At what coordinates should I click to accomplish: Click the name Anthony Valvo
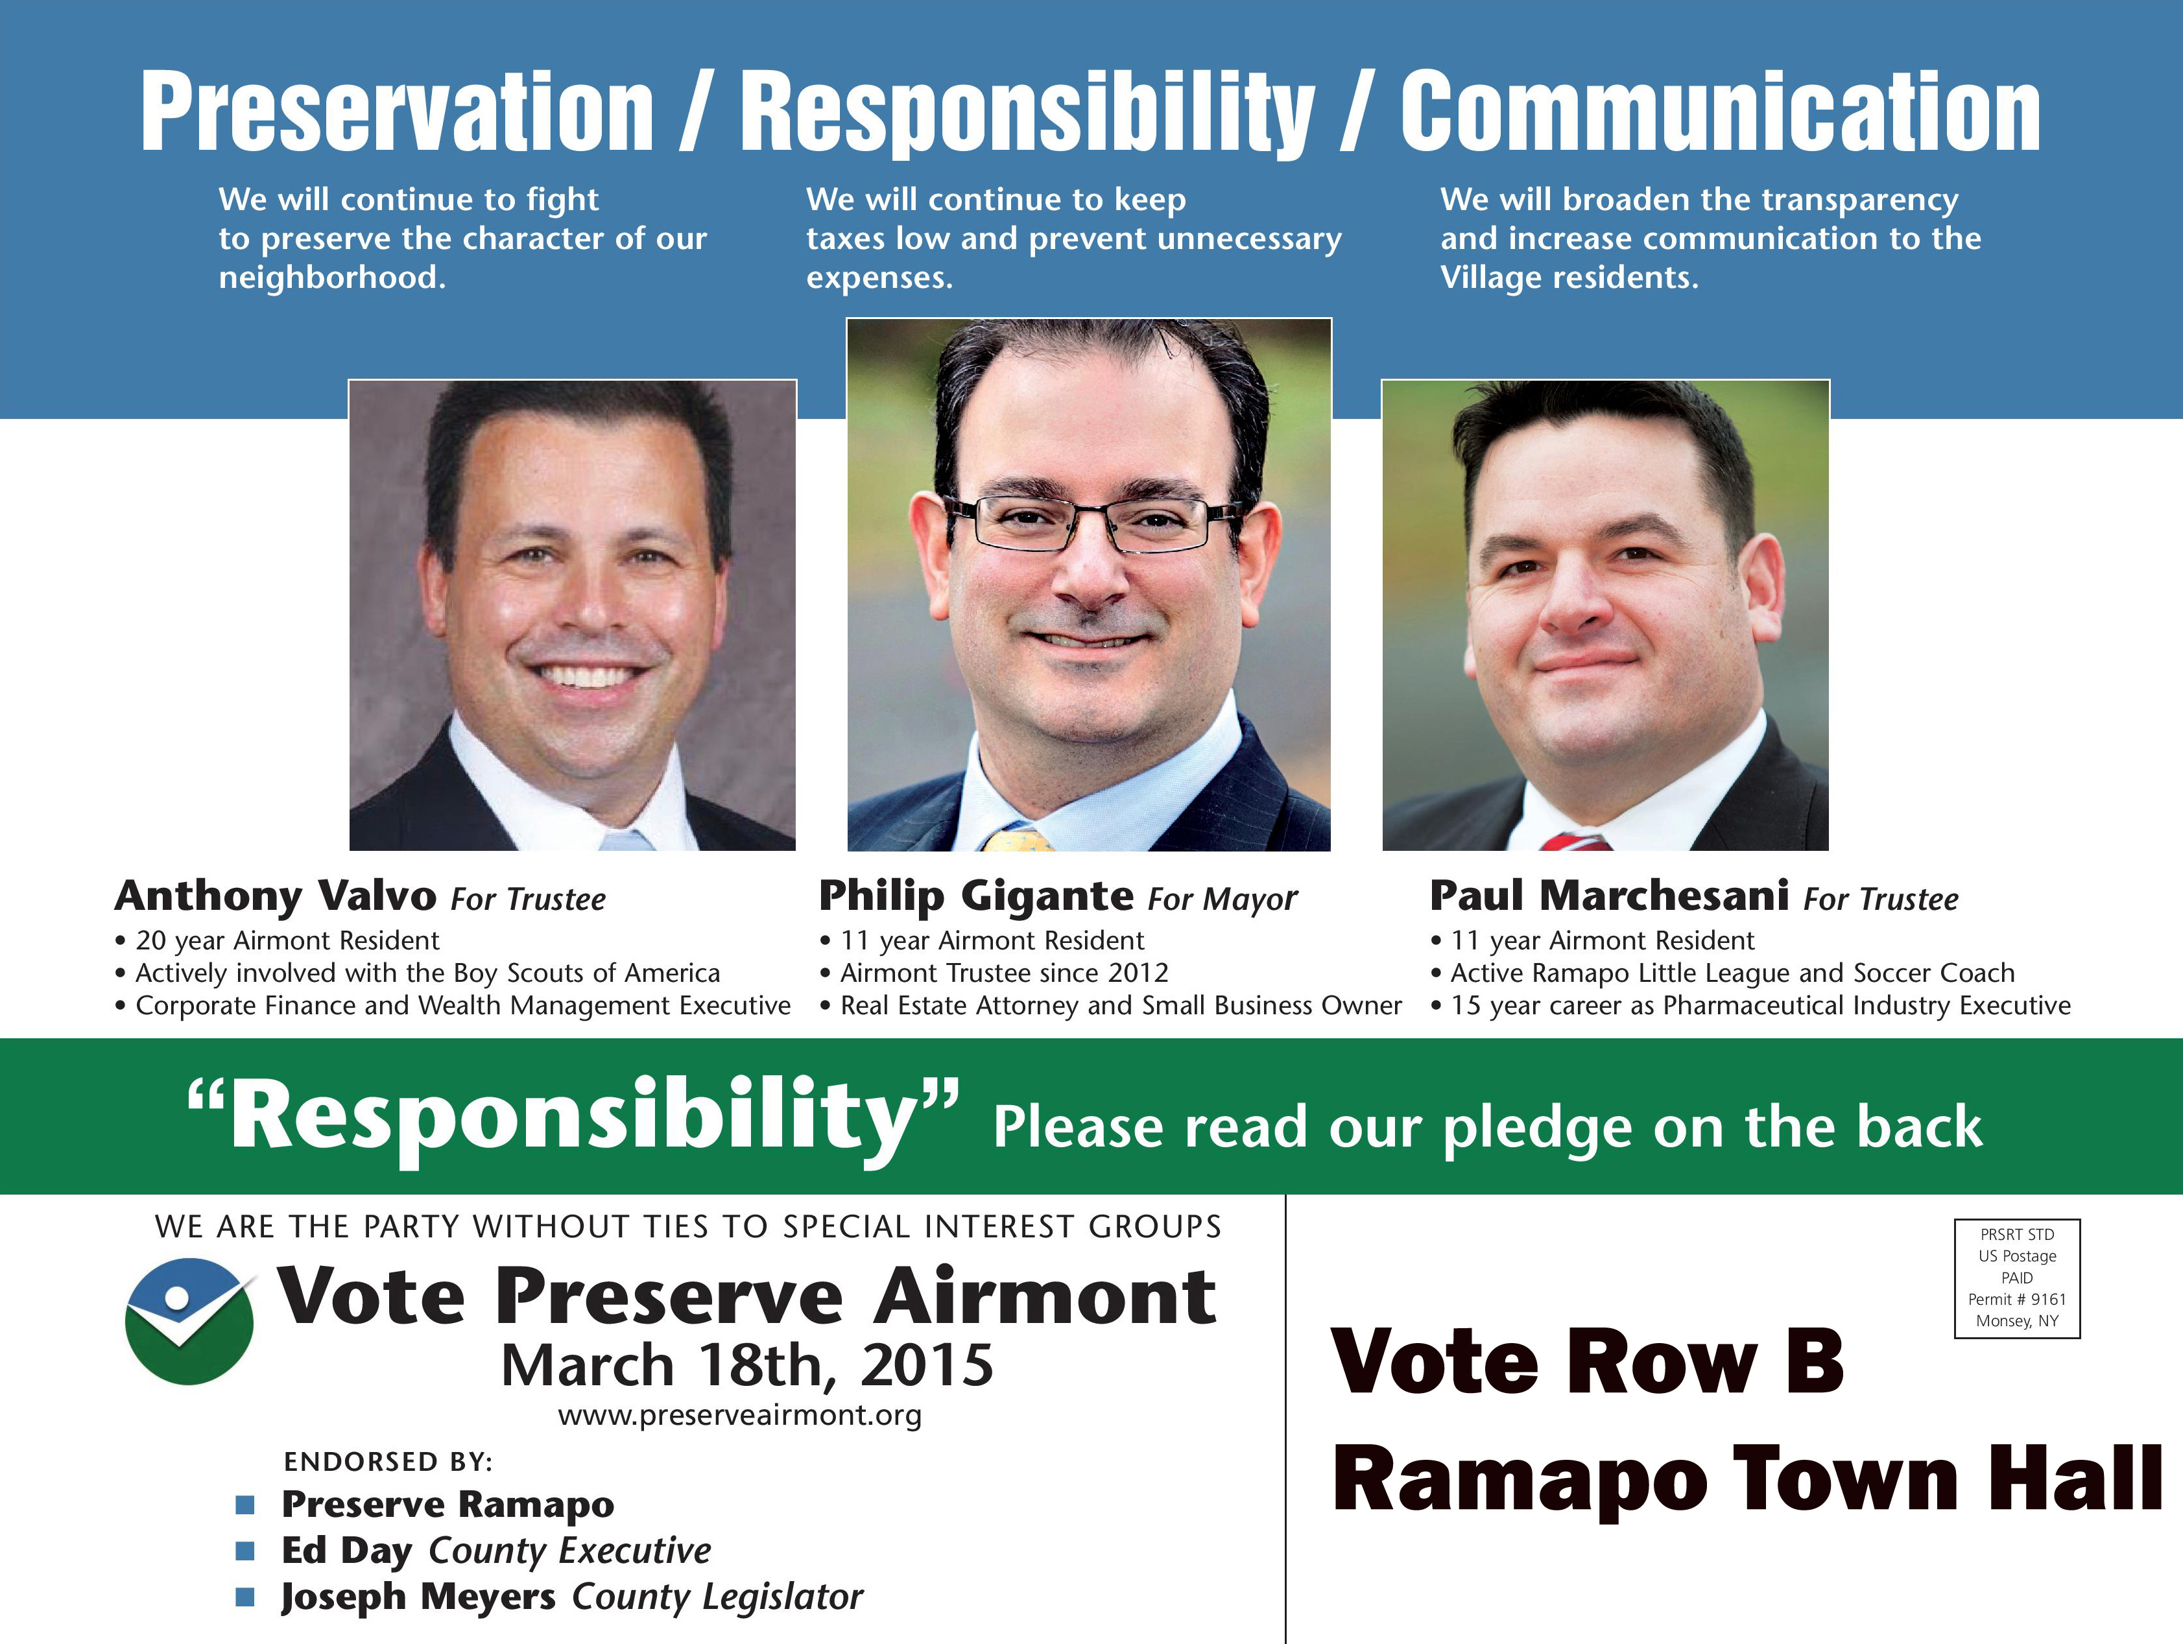coord(276,897)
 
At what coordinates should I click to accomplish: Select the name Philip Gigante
coord(976,896)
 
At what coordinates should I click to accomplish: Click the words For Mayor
coord(1223,899)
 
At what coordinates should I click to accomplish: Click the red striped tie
coord(1575,842)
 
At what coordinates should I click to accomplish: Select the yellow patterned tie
coord(1018,840)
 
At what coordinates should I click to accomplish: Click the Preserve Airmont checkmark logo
coord(189,1320)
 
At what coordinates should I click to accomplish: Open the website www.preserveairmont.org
coord(739,1415)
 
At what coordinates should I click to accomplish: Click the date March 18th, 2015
coord(747,1366)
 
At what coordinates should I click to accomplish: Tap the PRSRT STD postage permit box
coord(2017,1278)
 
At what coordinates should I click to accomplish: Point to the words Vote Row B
coord(1588,1362)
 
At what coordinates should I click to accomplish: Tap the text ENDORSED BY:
coord(388,1462)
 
